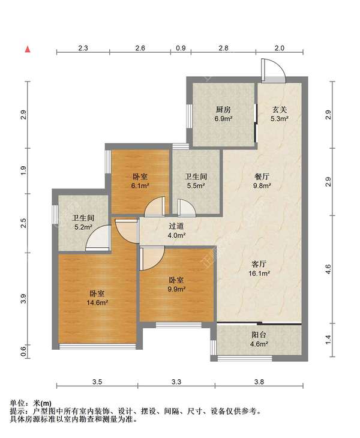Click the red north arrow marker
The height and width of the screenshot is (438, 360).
(x=28, y=49)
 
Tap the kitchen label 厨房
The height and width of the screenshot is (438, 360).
(x=223, y=109)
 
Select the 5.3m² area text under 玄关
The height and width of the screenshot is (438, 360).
(x=279, y=118)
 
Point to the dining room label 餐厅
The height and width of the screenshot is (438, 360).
(x=262, y=176)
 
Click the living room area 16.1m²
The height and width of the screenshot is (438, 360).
(x=259, y=273)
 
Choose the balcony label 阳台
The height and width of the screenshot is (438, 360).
(x=259, y=335)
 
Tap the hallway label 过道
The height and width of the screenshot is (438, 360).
(x=176, y=226)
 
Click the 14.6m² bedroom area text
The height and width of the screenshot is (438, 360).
(x=97, y=302)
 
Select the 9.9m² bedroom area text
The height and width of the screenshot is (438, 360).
(x=176, y=289)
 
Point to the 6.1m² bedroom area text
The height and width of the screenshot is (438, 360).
(x=140, y=185)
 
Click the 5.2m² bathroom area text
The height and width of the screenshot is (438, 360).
(x=83, y=227)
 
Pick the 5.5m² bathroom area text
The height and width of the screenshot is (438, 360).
(x=196, y=185)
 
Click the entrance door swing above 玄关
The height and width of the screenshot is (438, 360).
(x=273, y=70)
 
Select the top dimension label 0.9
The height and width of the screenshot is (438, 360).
(x=181, y=48)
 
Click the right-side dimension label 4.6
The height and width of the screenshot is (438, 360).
(x=328, y=269)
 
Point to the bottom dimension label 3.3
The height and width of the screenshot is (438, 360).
(x=176, y=382)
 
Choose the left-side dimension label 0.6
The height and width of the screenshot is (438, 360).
(x=24, y=350)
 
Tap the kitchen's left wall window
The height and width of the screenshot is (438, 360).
(x=190, y=116)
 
